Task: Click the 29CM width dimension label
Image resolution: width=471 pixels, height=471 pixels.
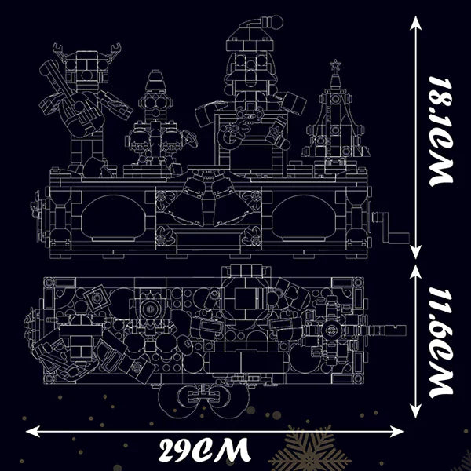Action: (x=204, y=450)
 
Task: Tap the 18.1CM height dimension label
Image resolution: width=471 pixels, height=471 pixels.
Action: (x=440, y=132)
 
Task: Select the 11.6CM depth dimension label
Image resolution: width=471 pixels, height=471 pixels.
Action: (x=440, y=342)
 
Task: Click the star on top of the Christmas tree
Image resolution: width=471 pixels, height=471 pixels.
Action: (x=334, y=65)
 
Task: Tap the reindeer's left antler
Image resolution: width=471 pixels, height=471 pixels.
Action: (x=60, y=50)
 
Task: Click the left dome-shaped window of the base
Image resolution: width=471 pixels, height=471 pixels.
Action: (x=114, y=217)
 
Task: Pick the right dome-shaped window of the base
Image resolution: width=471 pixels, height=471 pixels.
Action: (x=304, y=217)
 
